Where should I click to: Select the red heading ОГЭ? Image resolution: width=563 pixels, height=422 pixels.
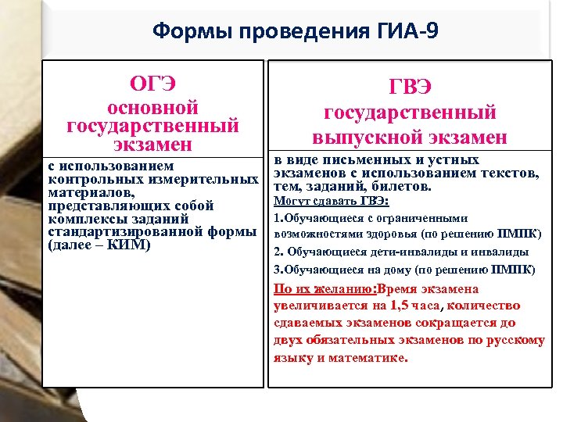pyautogui.click(x=152, y=84)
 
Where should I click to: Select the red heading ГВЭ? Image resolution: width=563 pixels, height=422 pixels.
pyautogui.click(x=410, y=87)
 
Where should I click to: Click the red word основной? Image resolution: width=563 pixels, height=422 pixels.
pyautogui.click(x=152, y=107)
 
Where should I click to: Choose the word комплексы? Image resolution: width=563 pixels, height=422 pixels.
pyautogui.click(x=86, y=219)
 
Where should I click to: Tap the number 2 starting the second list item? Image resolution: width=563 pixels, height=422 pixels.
pyautogui.click(x=277, y=252)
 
